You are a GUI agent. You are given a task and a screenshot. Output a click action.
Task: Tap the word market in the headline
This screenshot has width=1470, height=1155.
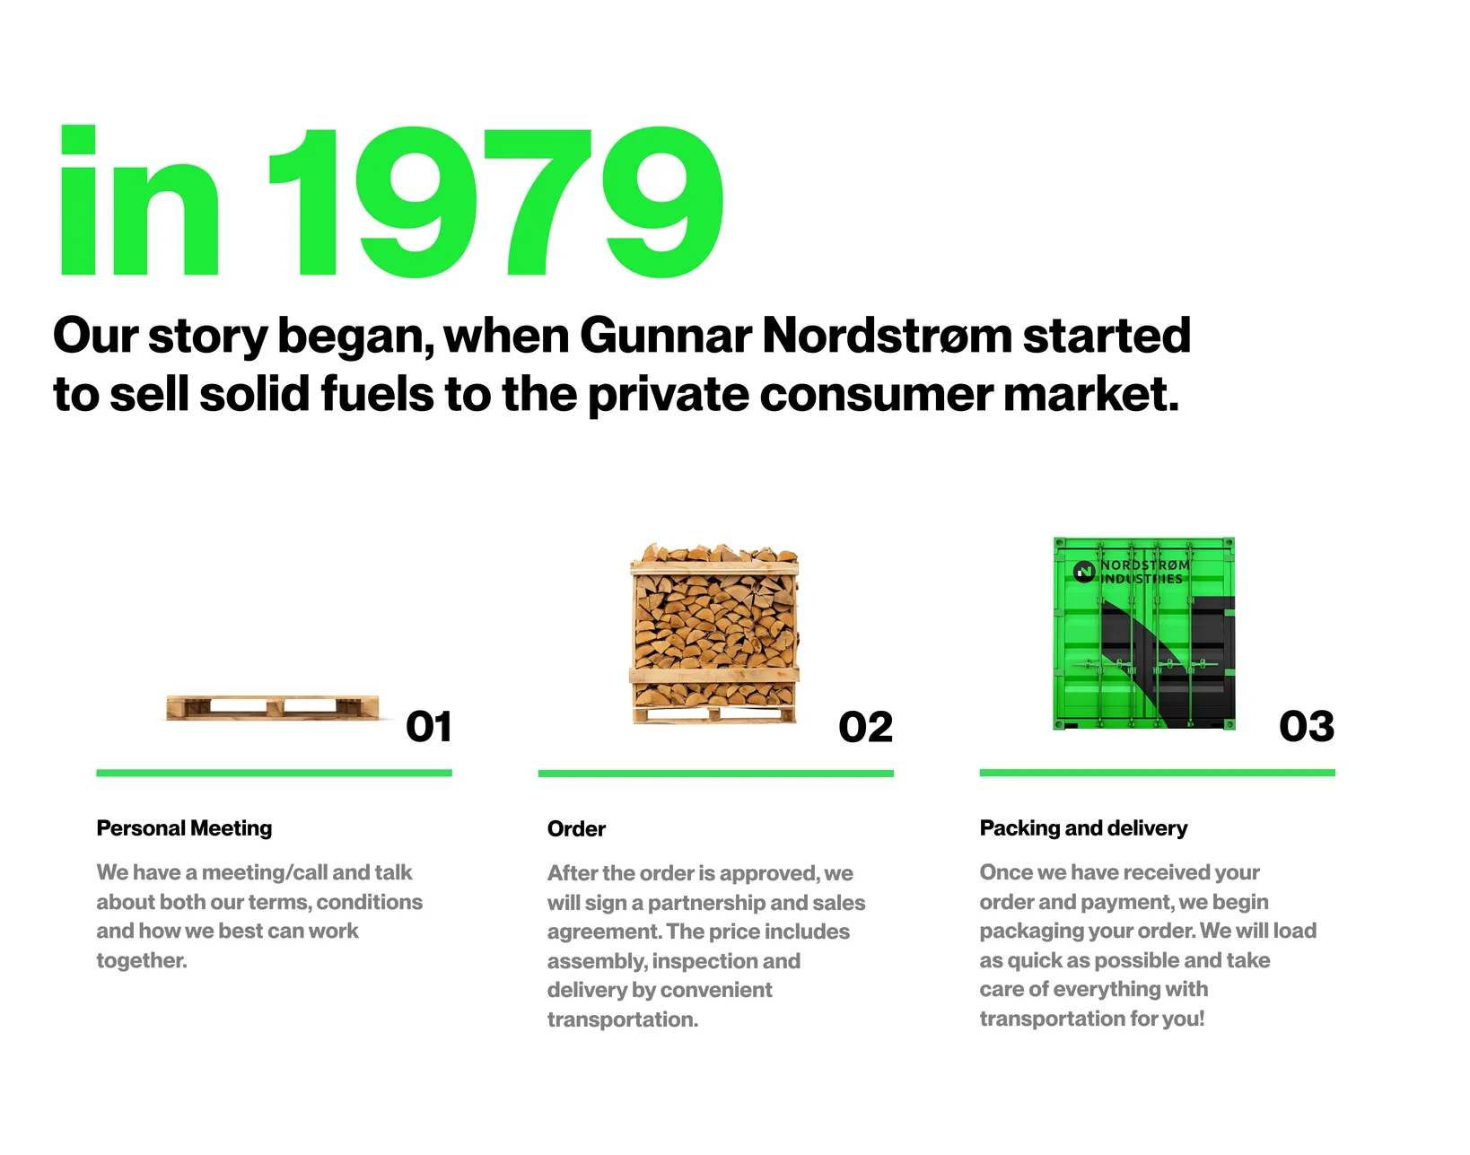pyautogui.click(x=1091, y=394)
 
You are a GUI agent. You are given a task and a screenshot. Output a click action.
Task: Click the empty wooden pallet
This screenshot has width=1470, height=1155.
pyautogui.click(x=273, y=707)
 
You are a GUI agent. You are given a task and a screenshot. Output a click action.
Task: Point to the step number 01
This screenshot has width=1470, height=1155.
pyautogui.click(x=428, y=727)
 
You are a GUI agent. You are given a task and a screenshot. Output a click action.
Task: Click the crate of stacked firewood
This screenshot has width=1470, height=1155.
pyautogui.click(x=714, y=633)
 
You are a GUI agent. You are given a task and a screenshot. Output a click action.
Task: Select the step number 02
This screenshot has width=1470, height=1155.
pyautogui.click(x=865, y=727)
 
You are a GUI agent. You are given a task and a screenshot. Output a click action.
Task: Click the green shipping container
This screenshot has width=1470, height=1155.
pyautogui.click(x=1144, y=634)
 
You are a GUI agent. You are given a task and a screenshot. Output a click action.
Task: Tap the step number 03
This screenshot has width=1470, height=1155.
pyautogui.click(x=1307, y=727)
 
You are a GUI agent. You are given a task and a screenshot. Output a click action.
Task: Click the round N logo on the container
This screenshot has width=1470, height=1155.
pyautogui.click(x=1084, y=572)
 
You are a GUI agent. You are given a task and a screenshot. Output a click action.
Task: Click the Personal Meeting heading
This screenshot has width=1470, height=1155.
pyautogui.click(x=184, y=828)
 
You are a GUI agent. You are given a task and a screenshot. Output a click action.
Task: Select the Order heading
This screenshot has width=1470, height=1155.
pyautogui.click(x=576, y=829)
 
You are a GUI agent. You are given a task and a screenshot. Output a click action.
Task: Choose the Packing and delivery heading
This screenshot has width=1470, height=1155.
pyautogui.click(x=1083, y=828)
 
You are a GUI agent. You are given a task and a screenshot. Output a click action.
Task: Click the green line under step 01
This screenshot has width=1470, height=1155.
pyautogui.click(x=274, y=773)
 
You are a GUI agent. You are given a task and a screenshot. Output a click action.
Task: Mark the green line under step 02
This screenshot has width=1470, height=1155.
pyautogui.click(x=716, y=773)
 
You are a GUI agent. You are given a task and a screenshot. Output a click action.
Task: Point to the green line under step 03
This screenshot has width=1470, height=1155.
pyautogui.click(x=1157, y=773)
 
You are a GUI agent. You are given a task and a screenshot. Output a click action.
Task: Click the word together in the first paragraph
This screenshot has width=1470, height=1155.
pyautogui.click(x=142, y=960)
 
